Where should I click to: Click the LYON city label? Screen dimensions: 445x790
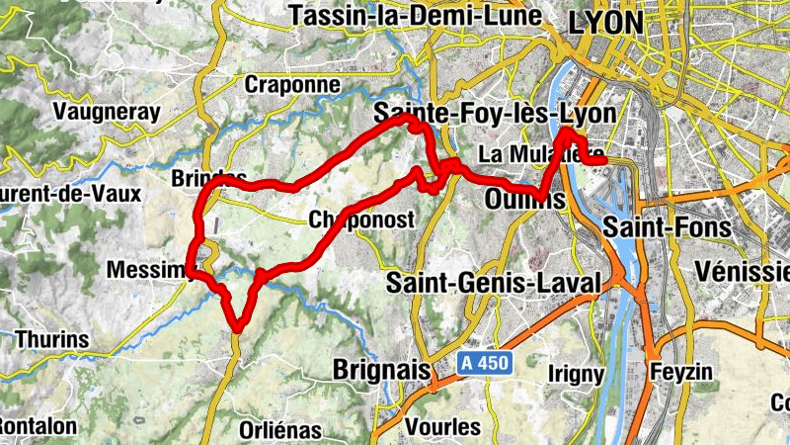tap(605, 21)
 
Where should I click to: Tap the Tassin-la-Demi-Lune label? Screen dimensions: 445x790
tap(416, 16)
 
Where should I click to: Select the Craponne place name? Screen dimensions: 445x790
tap(291, 84)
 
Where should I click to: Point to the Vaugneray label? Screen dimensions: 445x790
tap(108, 112)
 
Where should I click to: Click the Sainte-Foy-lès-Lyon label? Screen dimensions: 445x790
tap(495, 114)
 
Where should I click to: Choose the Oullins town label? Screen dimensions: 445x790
tap(525, 199)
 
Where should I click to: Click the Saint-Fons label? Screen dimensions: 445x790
tap(668, 227)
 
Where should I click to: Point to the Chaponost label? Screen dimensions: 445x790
tap(360, 220)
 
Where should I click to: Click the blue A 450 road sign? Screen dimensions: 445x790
tap(484, 364)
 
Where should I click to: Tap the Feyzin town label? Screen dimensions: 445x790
tap(681, 372)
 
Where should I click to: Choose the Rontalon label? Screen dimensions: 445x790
tap(38, 425)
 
